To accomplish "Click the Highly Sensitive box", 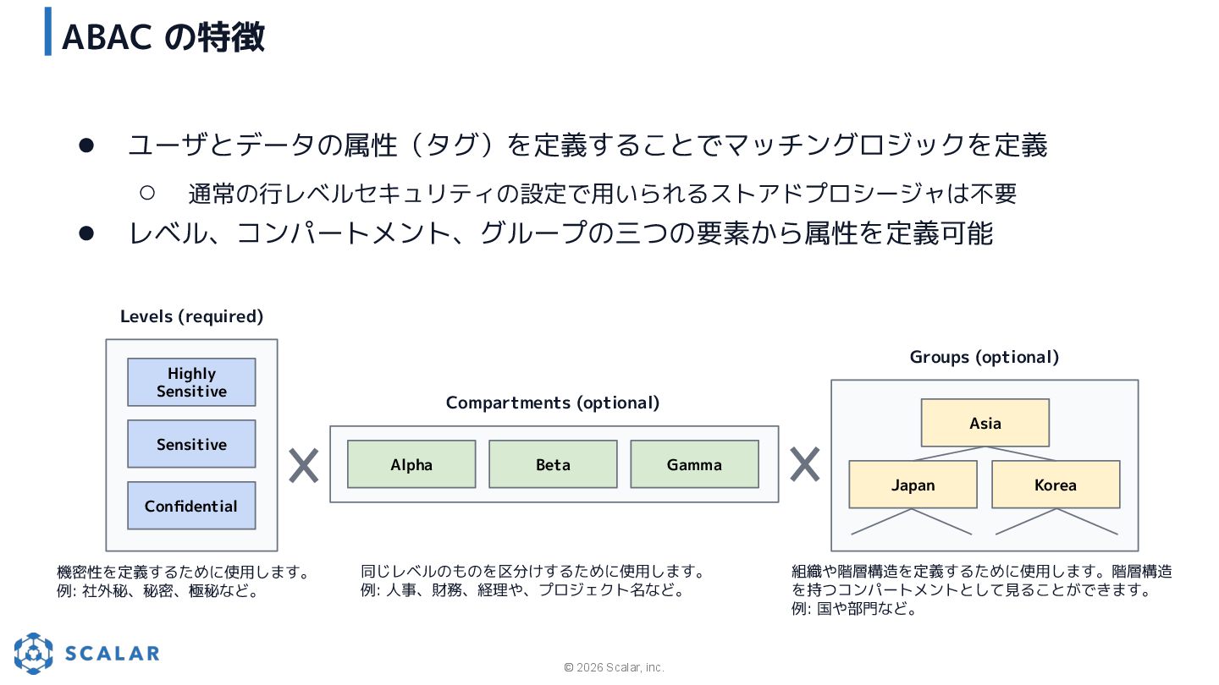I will pos(191,382).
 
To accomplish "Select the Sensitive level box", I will pos(191,444).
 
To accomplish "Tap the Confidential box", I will pos(191,506).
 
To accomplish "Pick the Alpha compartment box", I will pos(411,464).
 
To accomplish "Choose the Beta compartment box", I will pos(553,464).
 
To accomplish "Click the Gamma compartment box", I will pos(694,464).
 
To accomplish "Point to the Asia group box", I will pos(985,423).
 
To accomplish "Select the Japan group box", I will pos(913,485).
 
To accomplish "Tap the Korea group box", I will pos(1056,485).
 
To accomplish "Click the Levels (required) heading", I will pos(191,316).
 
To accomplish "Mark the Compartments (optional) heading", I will pos(553,403).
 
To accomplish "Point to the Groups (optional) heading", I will pos(985,357).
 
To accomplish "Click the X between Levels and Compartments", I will pos(303,466).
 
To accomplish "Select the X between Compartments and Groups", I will pos(804,464).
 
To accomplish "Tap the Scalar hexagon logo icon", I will pos(34,653).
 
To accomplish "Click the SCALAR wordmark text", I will pos(113,653).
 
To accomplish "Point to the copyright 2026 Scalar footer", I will pos(615,667).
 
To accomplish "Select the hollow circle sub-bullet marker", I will pos(146,193).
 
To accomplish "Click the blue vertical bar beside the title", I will pos(48,31).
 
